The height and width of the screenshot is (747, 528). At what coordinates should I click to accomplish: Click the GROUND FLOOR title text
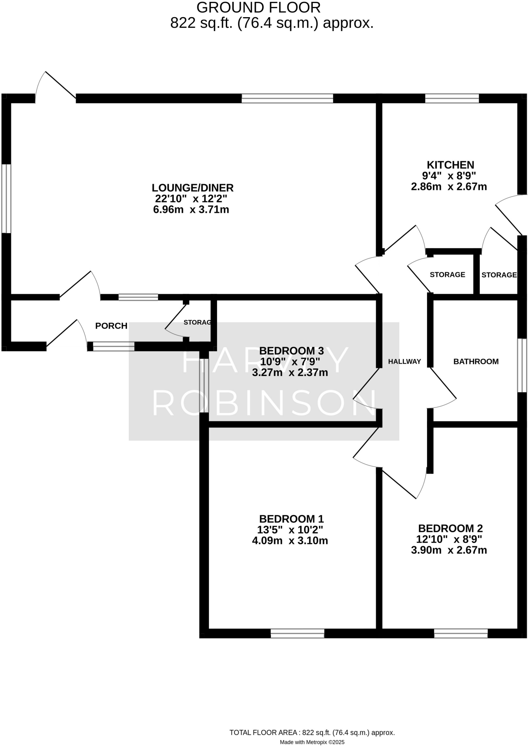point(259,8)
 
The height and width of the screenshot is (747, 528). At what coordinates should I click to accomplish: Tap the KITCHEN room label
point(450,165)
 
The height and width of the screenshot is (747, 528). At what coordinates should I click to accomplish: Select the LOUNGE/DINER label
point(193,188)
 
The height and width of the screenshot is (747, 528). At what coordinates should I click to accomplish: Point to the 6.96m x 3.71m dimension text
point(191,210)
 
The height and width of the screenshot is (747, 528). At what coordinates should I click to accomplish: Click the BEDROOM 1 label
point(291,519)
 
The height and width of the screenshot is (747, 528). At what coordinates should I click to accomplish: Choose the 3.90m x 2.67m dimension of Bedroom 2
point(449,550)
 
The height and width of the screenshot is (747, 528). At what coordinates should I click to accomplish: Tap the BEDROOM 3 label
point(291,351)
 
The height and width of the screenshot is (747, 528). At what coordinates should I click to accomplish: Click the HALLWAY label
point(404,361)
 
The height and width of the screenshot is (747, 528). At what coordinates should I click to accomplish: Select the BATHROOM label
point(476,361)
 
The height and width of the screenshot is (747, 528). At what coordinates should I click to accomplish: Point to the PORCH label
point(111,326)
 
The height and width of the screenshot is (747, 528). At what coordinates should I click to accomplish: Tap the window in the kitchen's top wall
point(452,98)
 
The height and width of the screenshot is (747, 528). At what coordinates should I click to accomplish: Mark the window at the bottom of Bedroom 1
point(297,634)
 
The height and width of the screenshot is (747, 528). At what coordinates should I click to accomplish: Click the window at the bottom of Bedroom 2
point(461,634)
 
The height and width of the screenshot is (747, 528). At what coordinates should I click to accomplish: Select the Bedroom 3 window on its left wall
point(204,386)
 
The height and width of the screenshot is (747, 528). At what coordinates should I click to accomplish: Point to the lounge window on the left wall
point(6,198)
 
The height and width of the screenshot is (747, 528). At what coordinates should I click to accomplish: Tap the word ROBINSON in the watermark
point(264,404)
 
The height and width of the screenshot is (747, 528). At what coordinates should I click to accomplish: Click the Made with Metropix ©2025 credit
point(312,742)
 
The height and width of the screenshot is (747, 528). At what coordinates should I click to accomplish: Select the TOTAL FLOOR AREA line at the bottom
point(312,732)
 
